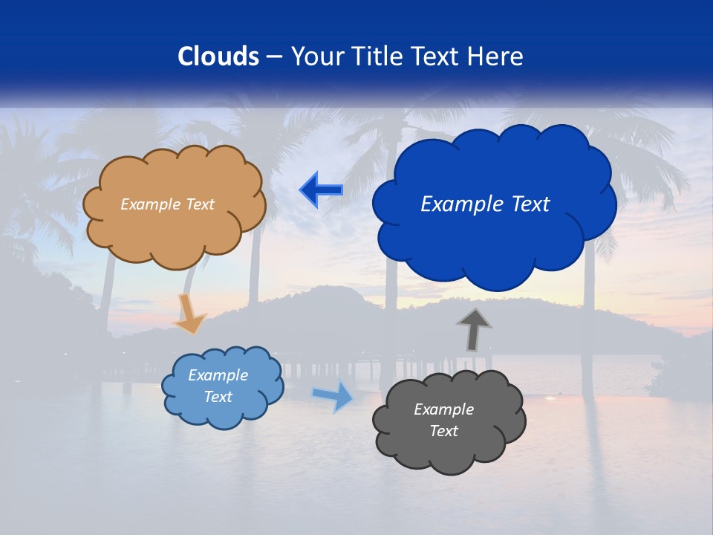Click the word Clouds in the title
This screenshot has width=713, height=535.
(x=218, y=56)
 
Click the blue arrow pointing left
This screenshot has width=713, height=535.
(x=321, y=190)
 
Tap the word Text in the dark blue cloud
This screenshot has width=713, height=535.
(x=530, y=204)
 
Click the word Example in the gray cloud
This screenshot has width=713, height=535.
(x=443, y=409)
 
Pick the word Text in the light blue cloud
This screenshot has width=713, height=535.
(x=218, y=397)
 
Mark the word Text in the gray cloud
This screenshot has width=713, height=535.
(x=443, y=431)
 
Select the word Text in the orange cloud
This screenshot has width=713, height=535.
(x=201, y=204)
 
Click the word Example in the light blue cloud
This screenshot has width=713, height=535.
(x=218, y=375)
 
